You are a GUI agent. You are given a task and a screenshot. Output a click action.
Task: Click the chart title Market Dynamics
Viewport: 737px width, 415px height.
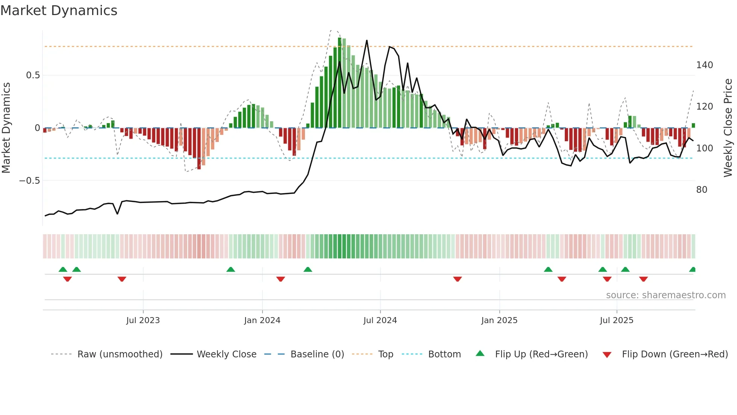[59, 11]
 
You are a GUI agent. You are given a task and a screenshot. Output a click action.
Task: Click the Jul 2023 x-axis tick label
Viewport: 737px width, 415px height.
[143, 320]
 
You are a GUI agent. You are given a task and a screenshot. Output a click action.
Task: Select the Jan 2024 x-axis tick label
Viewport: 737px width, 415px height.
[262, 320]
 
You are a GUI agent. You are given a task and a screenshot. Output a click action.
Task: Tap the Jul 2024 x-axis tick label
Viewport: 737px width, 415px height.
[380, 320]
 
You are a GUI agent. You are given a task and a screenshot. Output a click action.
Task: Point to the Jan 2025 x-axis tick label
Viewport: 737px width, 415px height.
[499, 320]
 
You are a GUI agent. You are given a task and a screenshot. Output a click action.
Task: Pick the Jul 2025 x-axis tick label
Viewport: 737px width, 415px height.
[617, 320]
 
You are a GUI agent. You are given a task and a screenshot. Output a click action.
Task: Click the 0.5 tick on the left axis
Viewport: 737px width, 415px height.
[33, 75]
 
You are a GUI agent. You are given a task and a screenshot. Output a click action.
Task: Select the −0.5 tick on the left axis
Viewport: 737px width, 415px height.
[30, 181]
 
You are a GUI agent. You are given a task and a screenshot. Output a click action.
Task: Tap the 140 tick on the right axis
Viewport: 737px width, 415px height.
[704, 65]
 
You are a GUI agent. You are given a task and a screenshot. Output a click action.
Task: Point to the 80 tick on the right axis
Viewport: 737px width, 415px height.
[702, 190]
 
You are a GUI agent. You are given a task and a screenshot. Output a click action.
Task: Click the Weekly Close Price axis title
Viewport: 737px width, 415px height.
[728, 128]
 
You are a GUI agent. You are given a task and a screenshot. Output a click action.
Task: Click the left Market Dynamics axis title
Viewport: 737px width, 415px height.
[6, 128]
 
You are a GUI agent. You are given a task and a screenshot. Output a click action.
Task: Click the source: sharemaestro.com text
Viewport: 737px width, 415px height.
[666, 295]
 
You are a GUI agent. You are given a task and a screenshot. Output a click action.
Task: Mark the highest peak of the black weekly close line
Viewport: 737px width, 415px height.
[367, 40]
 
